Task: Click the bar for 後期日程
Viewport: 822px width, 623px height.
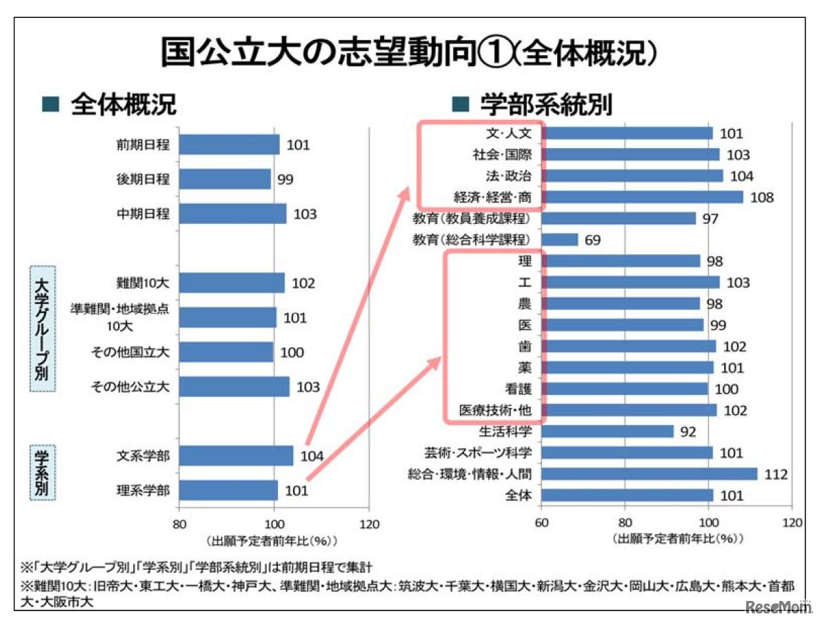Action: point(225,179)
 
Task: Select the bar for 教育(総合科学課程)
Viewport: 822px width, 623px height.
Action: point(560,240)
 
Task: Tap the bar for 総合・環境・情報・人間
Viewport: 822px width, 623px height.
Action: point(649,473)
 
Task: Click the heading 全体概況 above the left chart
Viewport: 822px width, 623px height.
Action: point(123,105)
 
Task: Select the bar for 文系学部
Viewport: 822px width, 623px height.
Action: point(236,456)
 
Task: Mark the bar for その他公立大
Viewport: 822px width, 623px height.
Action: point(234,387)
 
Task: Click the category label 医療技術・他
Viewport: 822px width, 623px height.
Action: point(495,410)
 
